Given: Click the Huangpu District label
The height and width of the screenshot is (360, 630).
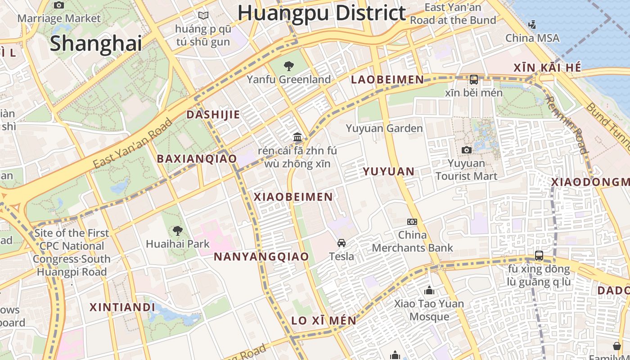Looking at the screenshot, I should tap(322, 13).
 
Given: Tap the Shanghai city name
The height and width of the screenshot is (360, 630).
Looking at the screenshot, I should tap(96, 43).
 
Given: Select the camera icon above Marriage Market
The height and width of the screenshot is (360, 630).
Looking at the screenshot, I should tap(59, 5).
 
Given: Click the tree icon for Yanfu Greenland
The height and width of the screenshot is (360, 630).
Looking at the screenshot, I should tap(288, 67).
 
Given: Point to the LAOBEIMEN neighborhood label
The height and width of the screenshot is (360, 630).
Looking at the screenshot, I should tap(387, 80).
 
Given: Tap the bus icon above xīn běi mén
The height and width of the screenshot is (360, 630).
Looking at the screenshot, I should tap(473, 80).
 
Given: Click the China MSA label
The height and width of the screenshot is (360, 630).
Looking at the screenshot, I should tap(532, 38).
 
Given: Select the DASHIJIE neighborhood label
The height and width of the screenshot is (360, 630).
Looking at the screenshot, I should tap(213, 115).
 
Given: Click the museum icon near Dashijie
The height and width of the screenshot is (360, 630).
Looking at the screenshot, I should tap(297, 137).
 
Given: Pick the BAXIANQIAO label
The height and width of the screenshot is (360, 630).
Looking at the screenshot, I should tap(197, 159).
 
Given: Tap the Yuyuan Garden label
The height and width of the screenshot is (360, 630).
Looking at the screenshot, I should tap(384, 129).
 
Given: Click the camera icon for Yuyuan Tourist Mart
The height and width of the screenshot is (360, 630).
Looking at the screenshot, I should tap(467, 150).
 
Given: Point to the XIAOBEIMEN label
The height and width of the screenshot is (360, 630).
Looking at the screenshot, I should tap(293, 197).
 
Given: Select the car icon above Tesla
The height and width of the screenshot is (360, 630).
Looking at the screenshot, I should tap(342, 243).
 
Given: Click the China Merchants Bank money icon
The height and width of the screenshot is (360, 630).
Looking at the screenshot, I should tap(412, 221).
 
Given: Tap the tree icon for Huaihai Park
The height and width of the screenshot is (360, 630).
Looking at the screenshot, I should tap(178, 231).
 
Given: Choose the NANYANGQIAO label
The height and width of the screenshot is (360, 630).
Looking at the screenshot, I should tap(261, 257).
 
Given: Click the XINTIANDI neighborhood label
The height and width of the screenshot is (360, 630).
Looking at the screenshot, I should tap(122, 307).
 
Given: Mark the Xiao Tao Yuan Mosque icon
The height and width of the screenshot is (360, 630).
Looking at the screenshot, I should tap(429, 290).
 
